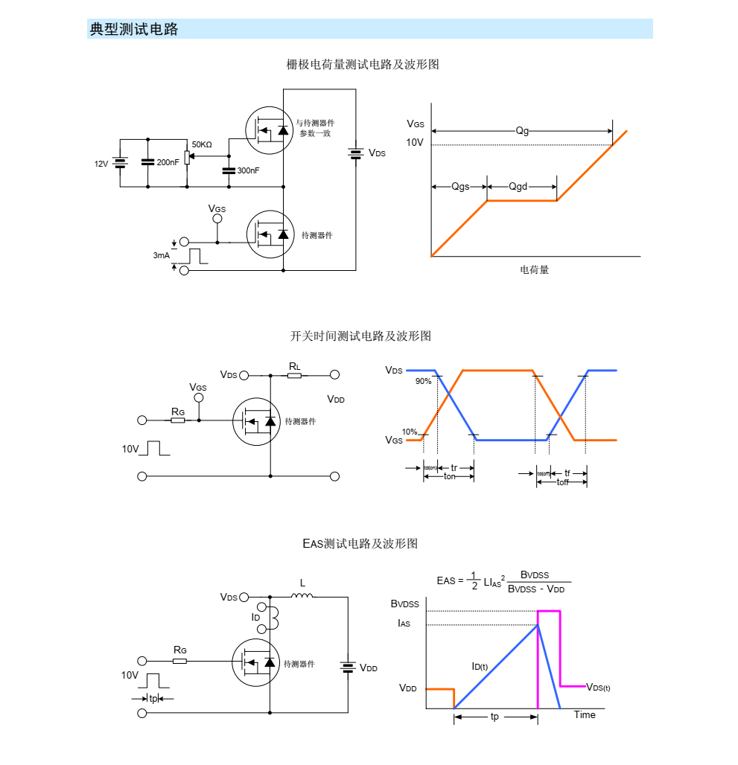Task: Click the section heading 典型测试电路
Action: pyautogui.click(x=134, y=30)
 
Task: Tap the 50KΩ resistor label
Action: pyautogui.click(x=202, y=144)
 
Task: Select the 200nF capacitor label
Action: pyautogui.click(x=168, y=162)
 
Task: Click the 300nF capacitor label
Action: pyautogui.click(x=248, y=170)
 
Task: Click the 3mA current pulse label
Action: pyautogui.click(x=161, y=255)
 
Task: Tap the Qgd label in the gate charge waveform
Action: pyautogui.click(x=518, y=186)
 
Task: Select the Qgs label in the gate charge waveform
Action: pyautogui.click(x=460, y=186)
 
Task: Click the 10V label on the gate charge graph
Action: pyautogui.click(x=415, y=142)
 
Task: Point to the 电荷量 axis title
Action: pyautogui.click(x=534, y=269)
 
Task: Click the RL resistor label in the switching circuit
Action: pyautogui.click(x=295, y=366)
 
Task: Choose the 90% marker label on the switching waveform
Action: pyautogui.click(x=423, y=381)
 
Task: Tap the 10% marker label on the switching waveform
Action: pyautogui.click(x=410, y=432)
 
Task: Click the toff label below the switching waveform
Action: pyautogui.click(x=562, y=482)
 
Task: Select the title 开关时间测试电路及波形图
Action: pyautogui.click(x=360, y=336)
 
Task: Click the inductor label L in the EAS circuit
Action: pyautogui.click(x=302, y=583)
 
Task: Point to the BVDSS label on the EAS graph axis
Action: pyautogui.click(x=405, y=604)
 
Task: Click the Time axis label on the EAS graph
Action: pyautogui.click(x=585, y=715)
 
